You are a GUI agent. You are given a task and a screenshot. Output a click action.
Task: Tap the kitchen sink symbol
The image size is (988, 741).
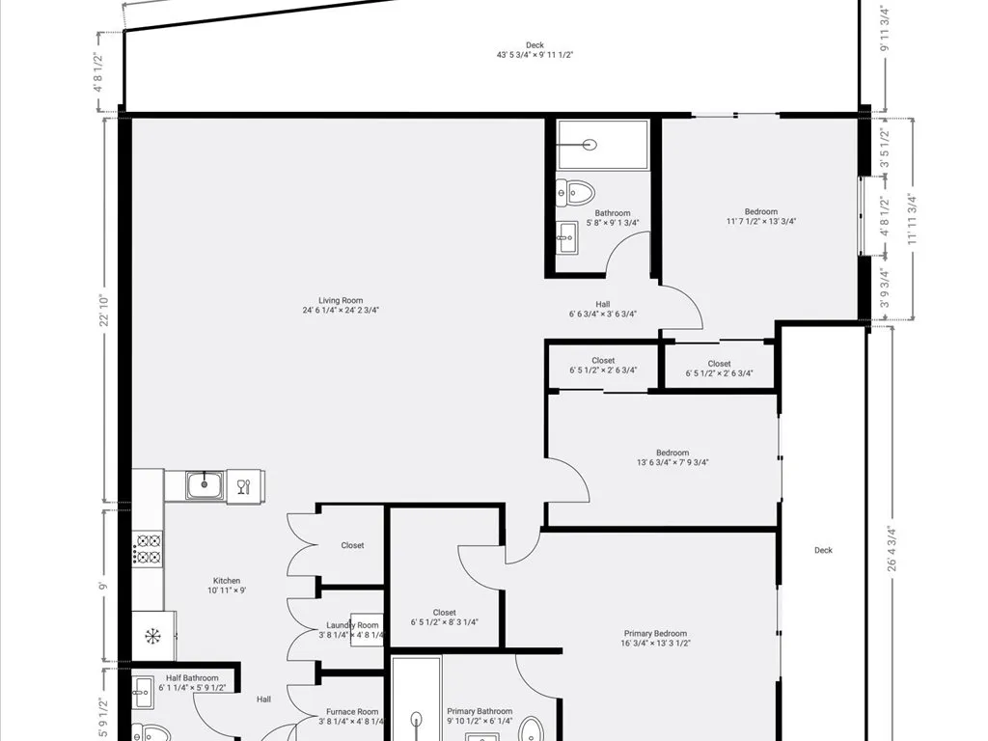tap(205, 484)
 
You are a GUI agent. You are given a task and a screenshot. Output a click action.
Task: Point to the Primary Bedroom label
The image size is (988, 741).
tap(655, 634)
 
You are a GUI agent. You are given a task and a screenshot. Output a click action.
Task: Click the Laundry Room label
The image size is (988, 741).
tap(352, 625)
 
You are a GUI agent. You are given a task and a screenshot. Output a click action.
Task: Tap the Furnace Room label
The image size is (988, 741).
tap(352, 711)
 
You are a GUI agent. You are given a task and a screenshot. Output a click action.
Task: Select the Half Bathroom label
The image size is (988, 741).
tap(189, 677)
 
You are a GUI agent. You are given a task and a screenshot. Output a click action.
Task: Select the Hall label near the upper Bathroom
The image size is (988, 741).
tap(603, 304)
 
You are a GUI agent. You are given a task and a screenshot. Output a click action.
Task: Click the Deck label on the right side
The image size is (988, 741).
tap(823, 550)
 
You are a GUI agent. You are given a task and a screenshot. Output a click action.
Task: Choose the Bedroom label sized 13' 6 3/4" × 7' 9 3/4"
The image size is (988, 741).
tap(672, 453)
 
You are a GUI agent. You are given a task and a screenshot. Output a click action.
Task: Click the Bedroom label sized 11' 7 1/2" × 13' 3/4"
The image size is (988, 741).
tap(760, 212)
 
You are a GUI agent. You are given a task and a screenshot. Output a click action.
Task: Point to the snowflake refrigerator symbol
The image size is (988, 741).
tap(152, 635)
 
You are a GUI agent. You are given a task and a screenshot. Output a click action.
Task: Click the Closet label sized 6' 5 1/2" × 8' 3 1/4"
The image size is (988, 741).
tap(445, 612)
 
